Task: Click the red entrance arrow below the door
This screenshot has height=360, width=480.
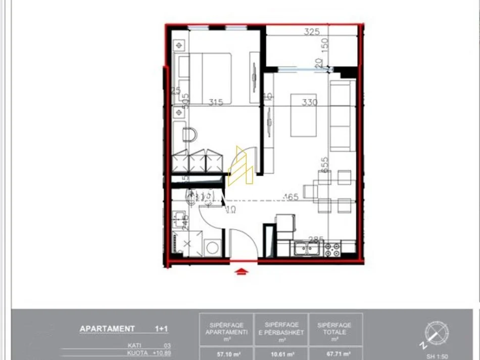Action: click(242, 272)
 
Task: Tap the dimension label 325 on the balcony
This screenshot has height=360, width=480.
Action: click(312, 32)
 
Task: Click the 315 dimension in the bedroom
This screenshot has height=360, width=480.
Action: click(216, 102)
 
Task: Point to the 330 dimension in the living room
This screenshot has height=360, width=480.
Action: click(309, 102)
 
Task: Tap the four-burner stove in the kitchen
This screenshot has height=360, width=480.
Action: click(332, 248)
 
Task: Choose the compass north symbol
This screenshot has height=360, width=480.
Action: click(436, 334)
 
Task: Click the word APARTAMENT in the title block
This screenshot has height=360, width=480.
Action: click(107, 329)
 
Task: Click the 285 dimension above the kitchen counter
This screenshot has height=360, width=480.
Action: click(316, 239)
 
